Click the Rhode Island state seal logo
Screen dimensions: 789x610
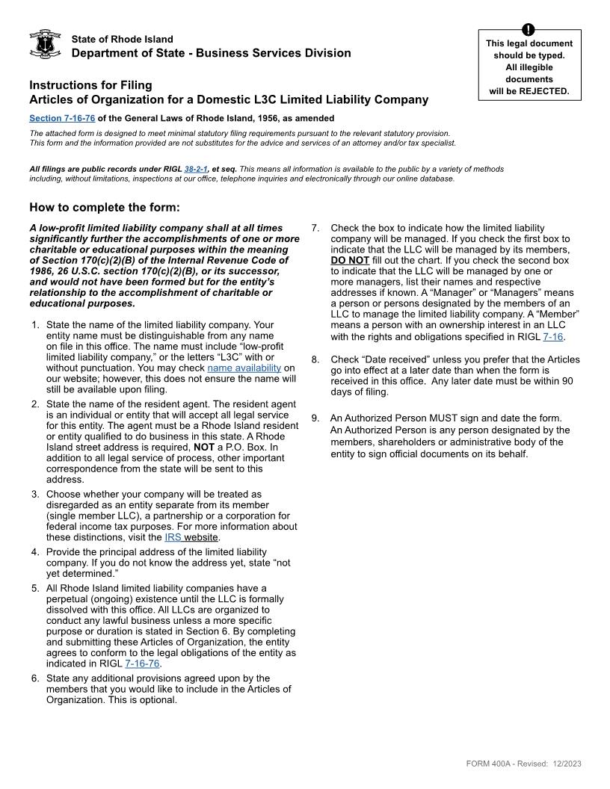44,45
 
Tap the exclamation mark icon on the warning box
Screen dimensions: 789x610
529,30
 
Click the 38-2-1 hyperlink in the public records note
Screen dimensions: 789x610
195,169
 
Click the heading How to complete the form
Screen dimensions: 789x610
104,207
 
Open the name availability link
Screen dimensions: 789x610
244,368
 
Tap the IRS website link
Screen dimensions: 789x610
191,537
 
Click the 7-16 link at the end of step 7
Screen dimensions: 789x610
553,337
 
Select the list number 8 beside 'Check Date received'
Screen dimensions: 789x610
315,359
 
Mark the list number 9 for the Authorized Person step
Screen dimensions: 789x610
315,418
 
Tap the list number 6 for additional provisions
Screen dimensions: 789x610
35,678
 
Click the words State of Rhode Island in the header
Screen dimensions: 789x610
122,39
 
